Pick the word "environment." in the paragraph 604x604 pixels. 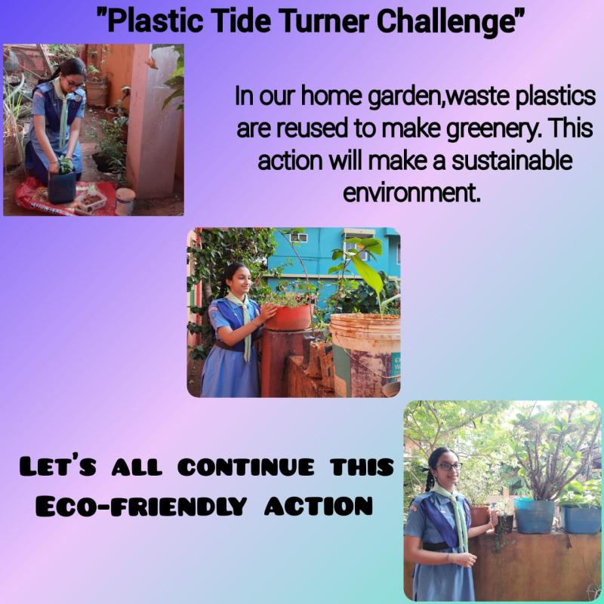point(411,193)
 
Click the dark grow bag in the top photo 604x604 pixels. point(61,186)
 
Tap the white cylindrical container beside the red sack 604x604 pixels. point(125,201)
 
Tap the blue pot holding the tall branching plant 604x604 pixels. point(534,516)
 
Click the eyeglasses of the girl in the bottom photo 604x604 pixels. point(448,467)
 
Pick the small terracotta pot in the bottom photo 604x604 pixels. point(480,516)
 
